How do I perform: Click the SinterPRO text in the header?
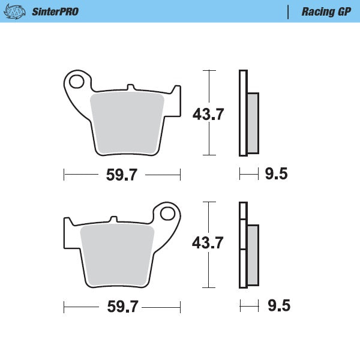[55, 11]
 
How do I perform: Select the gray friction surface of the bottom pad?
[116, 255]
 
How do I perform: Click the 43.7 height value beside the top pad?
[208, 115]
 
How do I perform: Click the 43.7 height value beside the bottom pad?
[208, 244]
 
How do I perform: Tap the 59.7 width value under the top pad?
[122, 175]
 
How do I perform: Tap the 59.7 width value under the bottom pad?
[122, 307]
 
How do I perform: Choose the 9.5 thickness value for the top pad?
[276, 175]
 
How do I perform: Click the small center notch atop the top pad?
[130, 89]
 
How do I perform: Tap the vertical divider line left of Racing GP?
[289, 11]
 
